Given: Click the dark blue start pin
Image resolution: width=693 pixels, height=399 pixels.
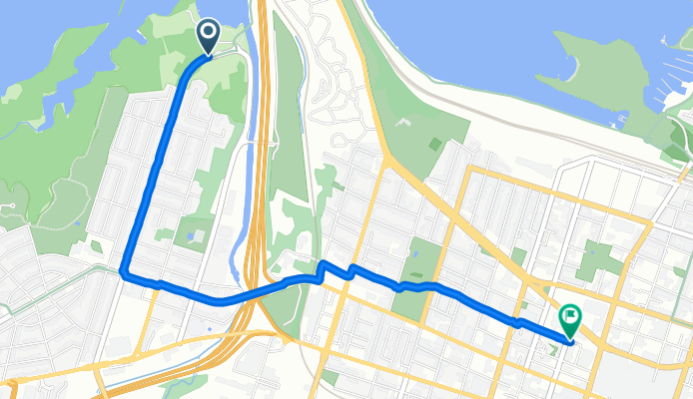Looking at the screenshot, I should pyautogui.click(x=209, y=37).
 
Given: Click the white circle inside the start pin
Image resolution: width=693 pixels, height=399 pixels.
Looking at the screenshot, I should pyautogui.click(x=209, y=33).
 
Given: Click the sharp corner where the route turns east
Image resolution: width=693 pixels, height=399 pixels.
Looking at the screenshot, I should pyautogui.click(x=123, y=270).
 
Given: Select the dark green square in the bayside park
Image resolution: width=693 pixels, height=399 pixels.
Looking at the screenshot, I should pyautogui.click(x=435, y=144).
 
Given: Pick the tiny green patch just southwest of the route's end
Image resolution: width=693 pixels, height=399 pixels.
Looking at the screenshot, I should pyautogui.click(x=554, y=350).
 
